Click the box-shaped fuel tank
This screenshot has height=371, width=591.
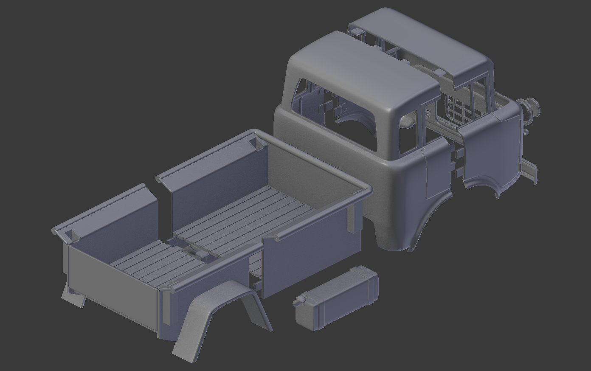(x=335, y=299)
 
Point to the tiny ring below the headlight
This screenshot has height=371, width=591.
(x=527, y=132)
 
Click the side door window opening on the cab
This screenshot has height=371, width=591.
(x=408, y=134)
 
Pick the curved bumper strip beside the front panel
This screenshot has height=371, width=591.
(x=530, y=170)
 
